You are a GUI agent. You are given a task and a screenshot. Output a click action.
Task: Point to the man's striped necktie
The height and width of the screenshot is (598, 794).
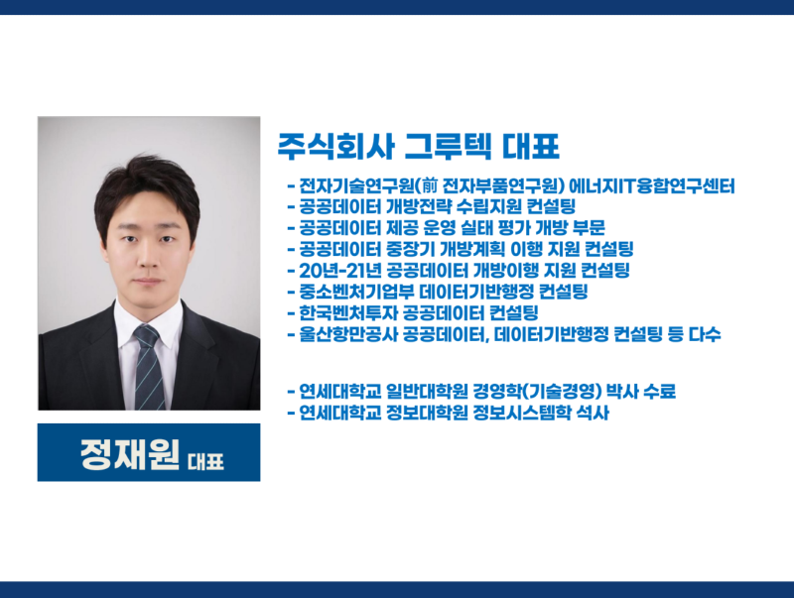148,367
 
